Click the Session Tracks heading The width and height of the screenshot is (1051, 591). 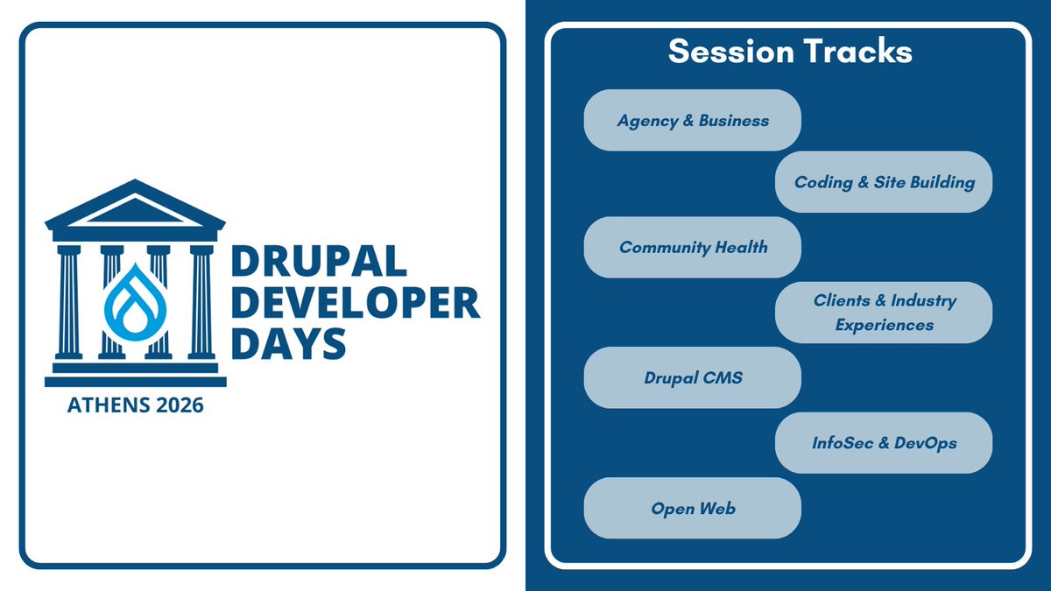[x=790, y=52]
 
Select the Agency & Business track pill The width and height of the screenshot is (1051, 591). [x=692, y=120]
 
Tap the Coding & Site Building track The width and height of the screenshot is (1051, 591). [x=884, y=182]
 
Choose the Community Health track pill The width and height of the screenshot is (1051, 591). [x=692, y=247]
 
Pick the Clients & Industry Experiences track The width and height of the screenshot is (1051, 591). [x=884, y=312]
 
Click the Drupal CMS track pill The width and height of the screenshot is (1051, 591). [x=692, y=377]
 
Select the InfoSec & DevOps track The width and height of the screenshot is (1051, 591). [x=884, y=442]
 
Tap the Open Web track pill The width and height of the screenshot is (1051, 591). [x=692, y=508]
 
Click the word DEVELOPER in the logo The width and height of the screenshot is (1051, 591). [x=355, y=304]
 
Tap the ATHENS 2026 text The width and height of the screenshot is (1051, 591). [x=135, y=405]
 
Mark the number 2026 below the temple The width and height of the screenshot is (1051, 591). [x=176, y=405]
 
